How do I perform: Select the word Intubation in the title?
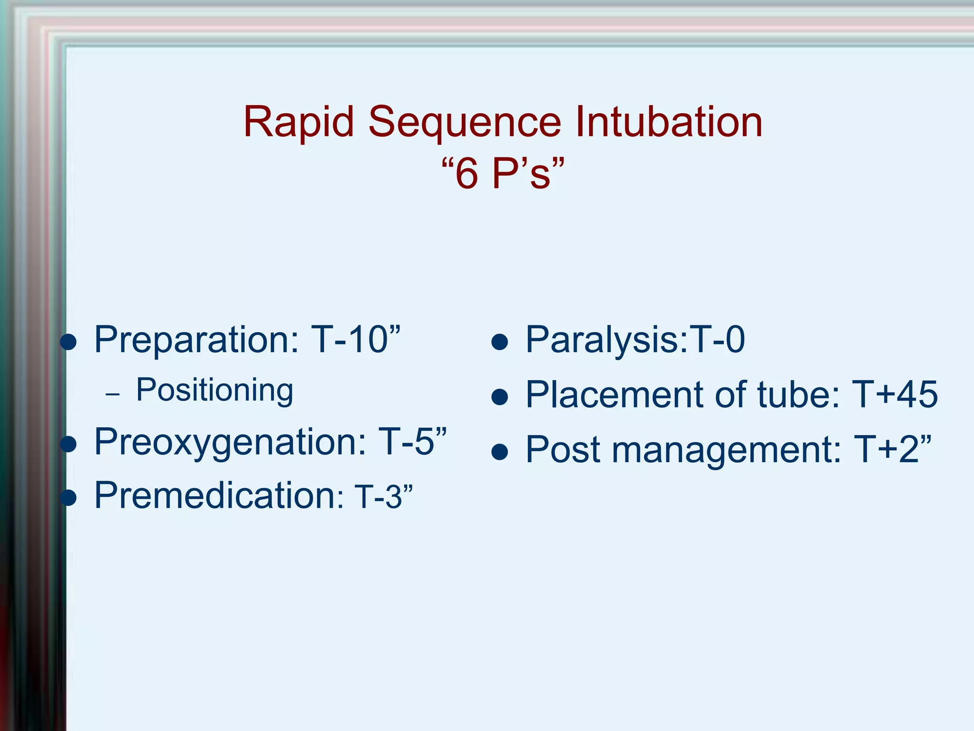pos(669,122)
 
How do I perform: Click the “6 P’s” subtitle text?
pos(503,174)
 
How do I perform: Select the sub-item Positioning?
pos(214,391)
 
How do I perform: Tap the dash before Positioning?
pos(113,395)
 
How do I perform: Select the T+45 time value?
pos(894,395)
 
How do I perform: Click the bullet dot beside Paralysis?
pos(500,342)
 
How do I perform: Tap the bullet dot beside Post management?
pos(500,452)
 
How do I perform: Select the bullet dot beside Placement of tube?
pos(500,397)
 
